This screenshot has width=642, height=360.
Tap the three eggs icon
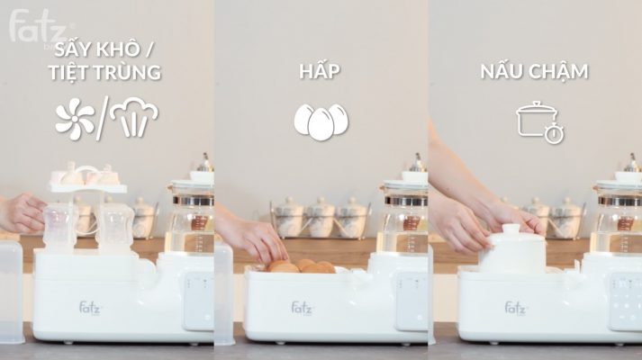click(x=321, y=121)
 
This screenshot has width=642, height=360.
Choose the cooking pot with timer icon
click(x=538, y=121)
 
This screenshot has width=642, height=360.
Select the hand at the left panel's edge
click(x=20, y=213)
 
